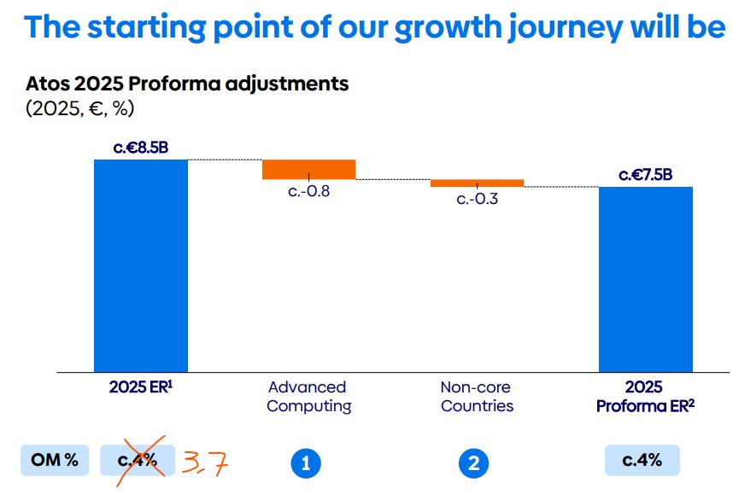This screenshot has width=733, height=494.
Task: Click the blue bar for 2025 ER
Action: pyautogui.click(x=141, y=265)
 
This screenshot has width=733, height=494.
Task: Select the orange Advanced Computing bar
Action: pyautogui.click(x=308, y=169)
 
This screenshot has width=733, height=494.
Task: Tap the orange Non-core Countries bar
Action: pyautogui.click(x=477, y=183)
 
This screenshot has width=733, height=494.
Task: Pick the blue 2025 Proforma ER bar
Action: pyautogui.click(x=646, y=279)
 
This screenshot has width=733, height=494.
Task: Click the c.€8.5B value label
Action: pyautogui.click(x=141, y=148)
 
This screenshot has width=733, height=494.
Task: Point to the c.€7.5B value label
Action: pyautogui.click(x=646, y=175)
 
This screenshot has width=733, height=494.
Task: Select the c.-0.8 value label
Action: pyautogui.click(x=308, y=191)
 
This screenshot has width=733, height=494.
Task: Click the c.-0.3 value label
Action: pyautogui.click(x=477, y=200)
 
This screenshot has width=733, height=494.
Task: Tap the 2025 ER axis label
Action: pyautogui.click(x=141, y=387)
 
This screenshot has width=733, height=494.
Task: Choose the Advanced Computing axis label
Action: pyautogui.click(x=308, y=397)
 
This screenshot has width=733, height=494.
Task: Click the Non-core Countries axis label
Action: pyautogui.click(x=477, y=397)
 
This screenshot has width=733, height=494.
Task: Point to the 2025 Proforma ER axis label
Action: pyautogui.click(x=646, y=397)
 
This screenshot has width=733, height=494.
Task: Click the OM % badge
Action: pyautogui.click(x=55, y=461)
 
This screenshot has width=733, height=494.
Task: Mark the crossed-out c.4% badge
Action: pyautogui.click(x=138, y=461)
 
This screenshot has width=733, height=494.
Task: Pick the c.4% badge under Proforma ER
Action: pyautogui.click(x=642, y=460)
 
